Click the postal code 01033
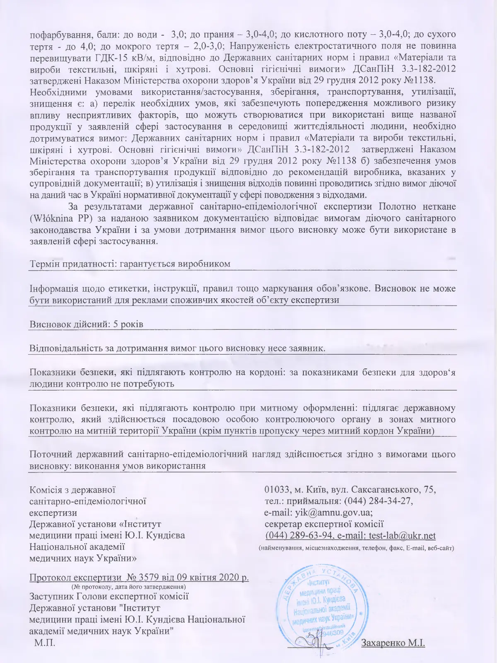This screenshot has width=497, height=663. [277, 489]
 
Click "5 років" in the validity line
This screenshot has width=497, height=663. [128, 324]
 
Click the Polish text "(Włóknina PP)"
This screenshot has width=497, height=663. [58, 218]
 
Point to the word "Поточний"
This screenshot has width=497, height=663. [49, 454]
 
